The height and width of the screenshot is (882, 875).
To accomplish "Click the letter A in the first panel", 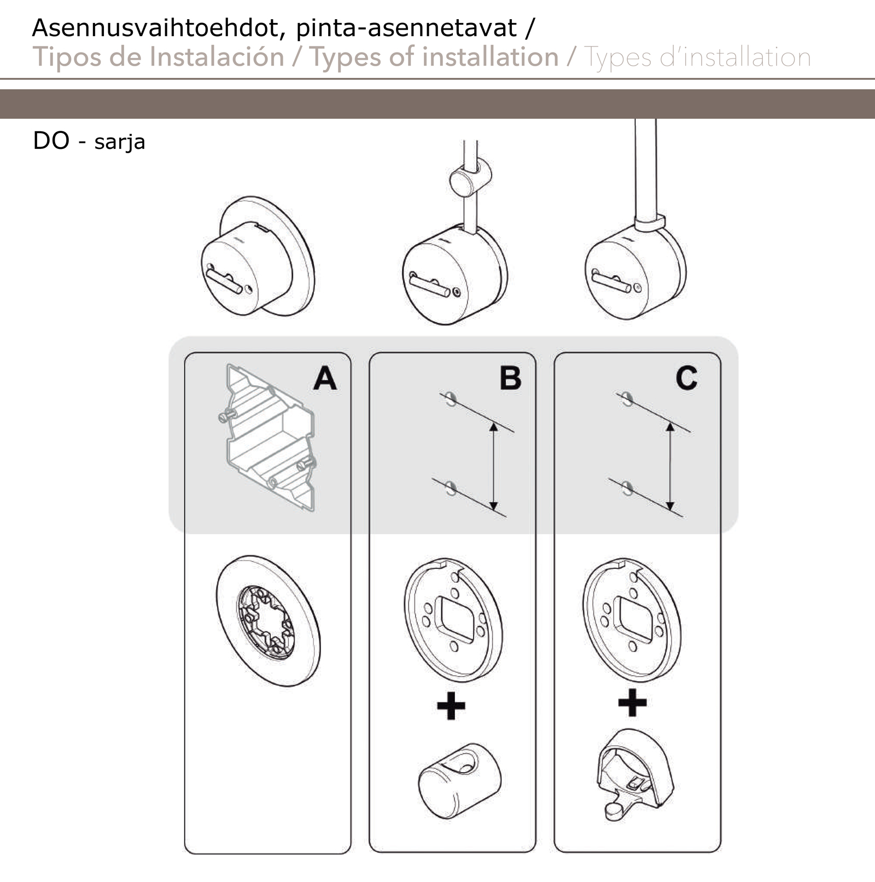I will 325,378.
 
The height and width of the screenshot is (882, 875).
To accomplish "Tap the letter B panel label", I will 510,378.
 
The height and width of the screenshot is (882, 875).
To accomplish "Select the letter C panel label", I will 686,378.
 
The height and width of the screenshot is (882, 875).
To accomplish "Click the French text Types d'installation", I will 697,57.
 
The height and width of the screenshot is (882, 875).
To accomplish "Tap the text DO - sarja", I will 89,141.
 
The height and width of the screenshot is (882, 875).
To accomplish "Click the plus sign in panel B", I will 451,705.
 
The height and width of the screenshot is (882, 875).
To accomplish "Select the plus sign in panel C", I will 632,703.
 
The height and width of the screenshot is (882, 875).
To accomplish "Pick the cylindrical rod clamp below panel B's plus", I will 459,780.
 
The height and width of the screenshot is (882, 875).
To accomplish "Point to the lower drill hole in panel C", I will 627,487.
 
